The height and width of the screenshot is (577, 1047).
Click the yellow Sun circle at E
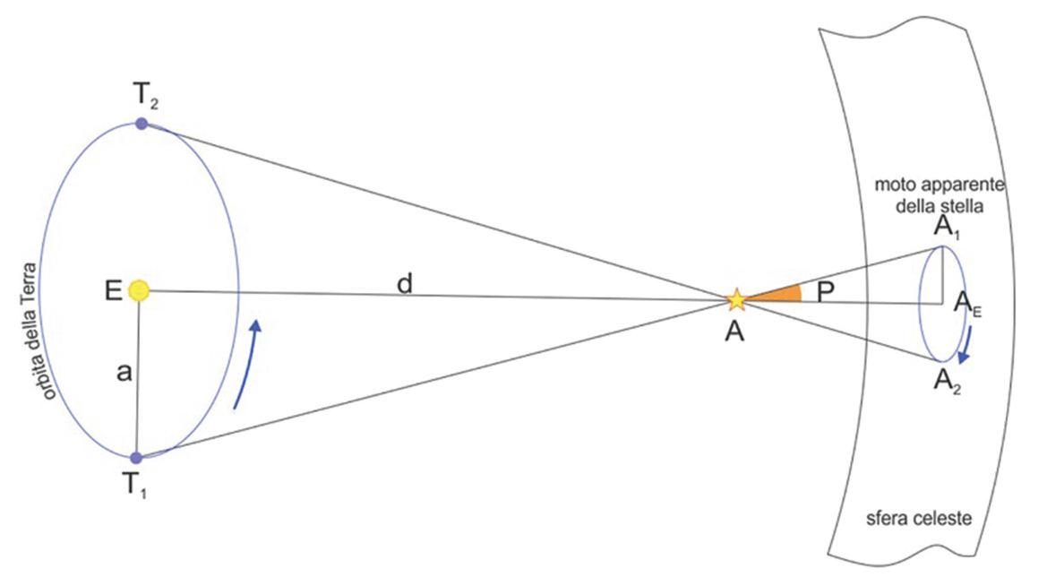click(x=139, y=290)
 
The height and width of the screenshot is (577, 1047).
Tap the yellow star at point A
click(x=735, y=298)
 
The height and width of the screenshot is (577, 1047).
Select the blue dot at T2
click(x=141, y=123)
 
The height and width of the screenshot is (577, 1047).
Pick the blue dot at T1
click(x=136, y=458)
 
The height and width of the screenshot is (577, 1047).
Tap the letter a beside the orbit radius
click(x=124, y=374)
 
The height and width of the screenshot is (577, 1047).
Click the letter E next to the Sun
click(x=113, y=292)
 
